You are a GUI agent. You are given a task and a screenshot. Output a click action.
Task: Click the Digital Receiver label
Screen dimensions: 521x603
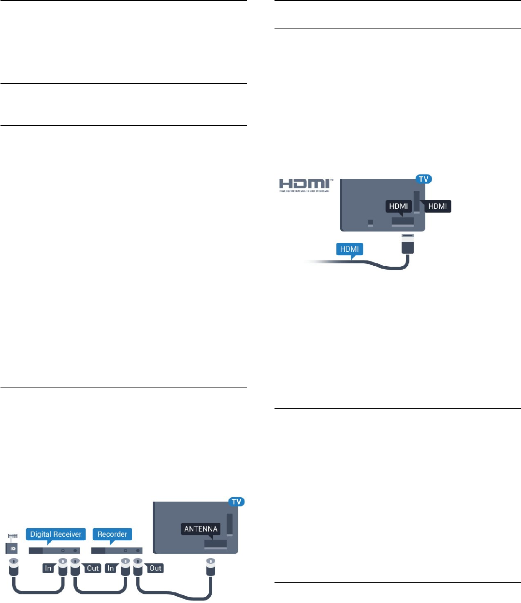coord(56,534)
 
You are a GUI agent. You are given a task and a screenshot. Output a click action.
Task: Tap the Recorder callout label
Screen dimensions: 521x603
coord(112,534)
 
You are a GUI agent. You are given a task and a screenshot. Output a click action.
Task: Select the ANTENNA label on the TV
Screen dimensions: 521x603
coord(201,529)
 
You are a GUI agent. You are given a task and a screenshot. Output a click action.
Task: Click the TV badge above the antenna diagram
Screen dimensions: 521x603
coord(236,502)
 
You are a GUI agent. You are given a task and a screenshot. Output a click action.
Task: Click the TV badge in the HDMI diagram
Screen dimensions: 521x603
coord(423,179)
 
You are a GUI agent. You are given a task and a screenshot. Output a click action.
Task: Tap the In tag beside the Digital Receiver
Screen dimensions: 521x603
coord(48,568)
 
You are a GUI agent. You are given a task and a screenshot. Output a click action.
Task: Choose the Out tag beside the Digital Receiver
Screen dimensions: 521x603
coord(92,568)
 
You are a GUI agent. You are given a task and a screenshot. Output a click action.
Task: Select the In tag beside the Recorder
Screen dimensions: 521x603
coord(111,568)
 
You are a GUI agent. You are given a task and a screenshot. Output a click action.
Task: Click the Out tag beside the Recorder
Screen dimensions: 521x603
coord(155,568)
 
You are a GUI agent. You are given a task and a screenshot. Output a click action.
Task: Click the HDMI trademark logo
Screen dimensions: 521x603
coord(304,185)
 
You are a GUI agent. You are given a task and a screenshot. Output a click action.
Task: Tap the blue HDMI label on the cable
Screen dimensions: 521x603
coord(349,249)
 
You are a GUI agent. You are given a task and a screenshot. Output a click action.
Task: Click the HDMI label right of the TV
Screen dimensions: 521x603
coord(437,206)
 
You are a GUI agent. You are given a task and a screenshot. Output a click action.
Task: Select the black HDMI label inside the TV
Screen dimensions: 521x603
coord(399,206)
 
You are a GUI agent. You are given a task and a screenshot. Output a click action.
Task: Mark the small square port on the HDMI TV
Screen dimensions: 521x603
coord(371,222)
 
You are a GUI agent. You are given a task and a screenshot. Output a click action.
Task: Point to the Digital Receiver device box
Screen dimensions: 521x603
coord(54,550)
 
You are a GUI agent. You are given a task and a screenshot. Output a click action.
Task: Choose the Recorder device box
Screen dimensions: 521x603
coord(116,550)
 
